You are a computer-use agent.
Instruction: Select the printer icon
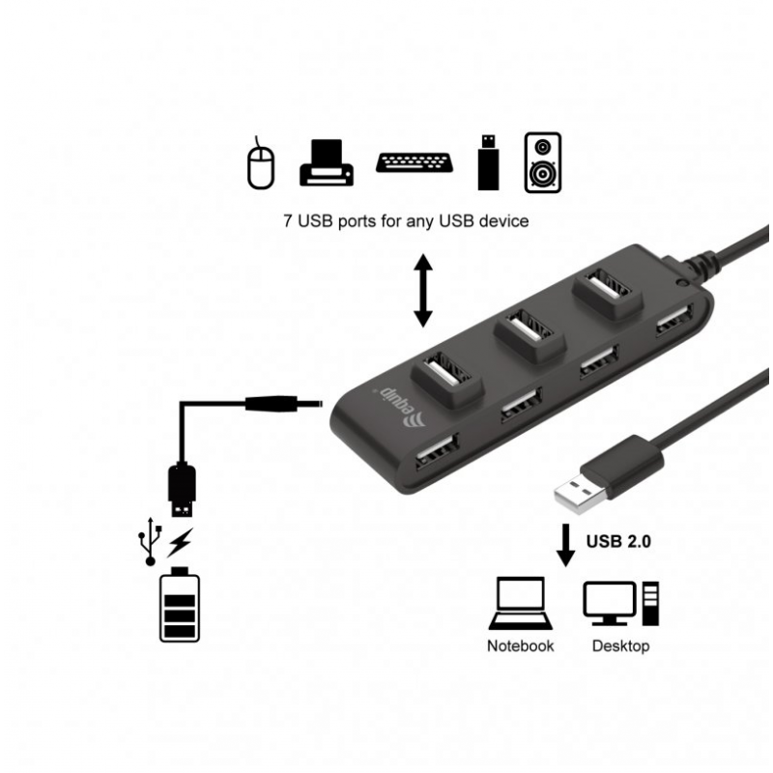[327, 163]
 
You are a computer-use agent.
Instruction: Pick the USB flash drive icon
[488, 162]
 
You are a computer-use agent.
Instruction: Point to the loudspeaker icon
[543, 162]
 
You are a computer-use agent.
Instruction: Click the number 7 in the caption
[288, 220]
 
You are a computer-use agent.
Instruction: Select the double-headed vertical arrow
[423, 291]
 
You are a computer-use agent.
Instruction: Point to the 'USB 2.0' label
[618, 541]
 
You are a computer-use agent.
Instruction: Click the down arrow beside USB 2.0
[565, 545]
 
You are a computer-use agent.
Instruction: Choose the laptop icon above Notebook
[521, 603]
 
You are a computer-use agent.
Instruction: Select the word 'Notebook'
[520, 645]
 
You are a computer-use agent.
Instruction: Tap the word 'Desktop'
[620, 645]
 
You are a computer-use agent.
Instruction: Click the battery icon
[180, 605]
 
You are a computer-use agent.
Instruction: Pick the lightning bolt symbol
[180, 543]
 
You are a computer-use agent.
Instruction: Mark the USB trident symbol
[151, 541]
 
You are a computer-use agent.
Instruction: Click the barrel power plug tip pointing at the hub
[321, 404]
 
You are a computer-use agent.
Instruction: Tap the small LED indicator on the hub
[682, 283]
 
